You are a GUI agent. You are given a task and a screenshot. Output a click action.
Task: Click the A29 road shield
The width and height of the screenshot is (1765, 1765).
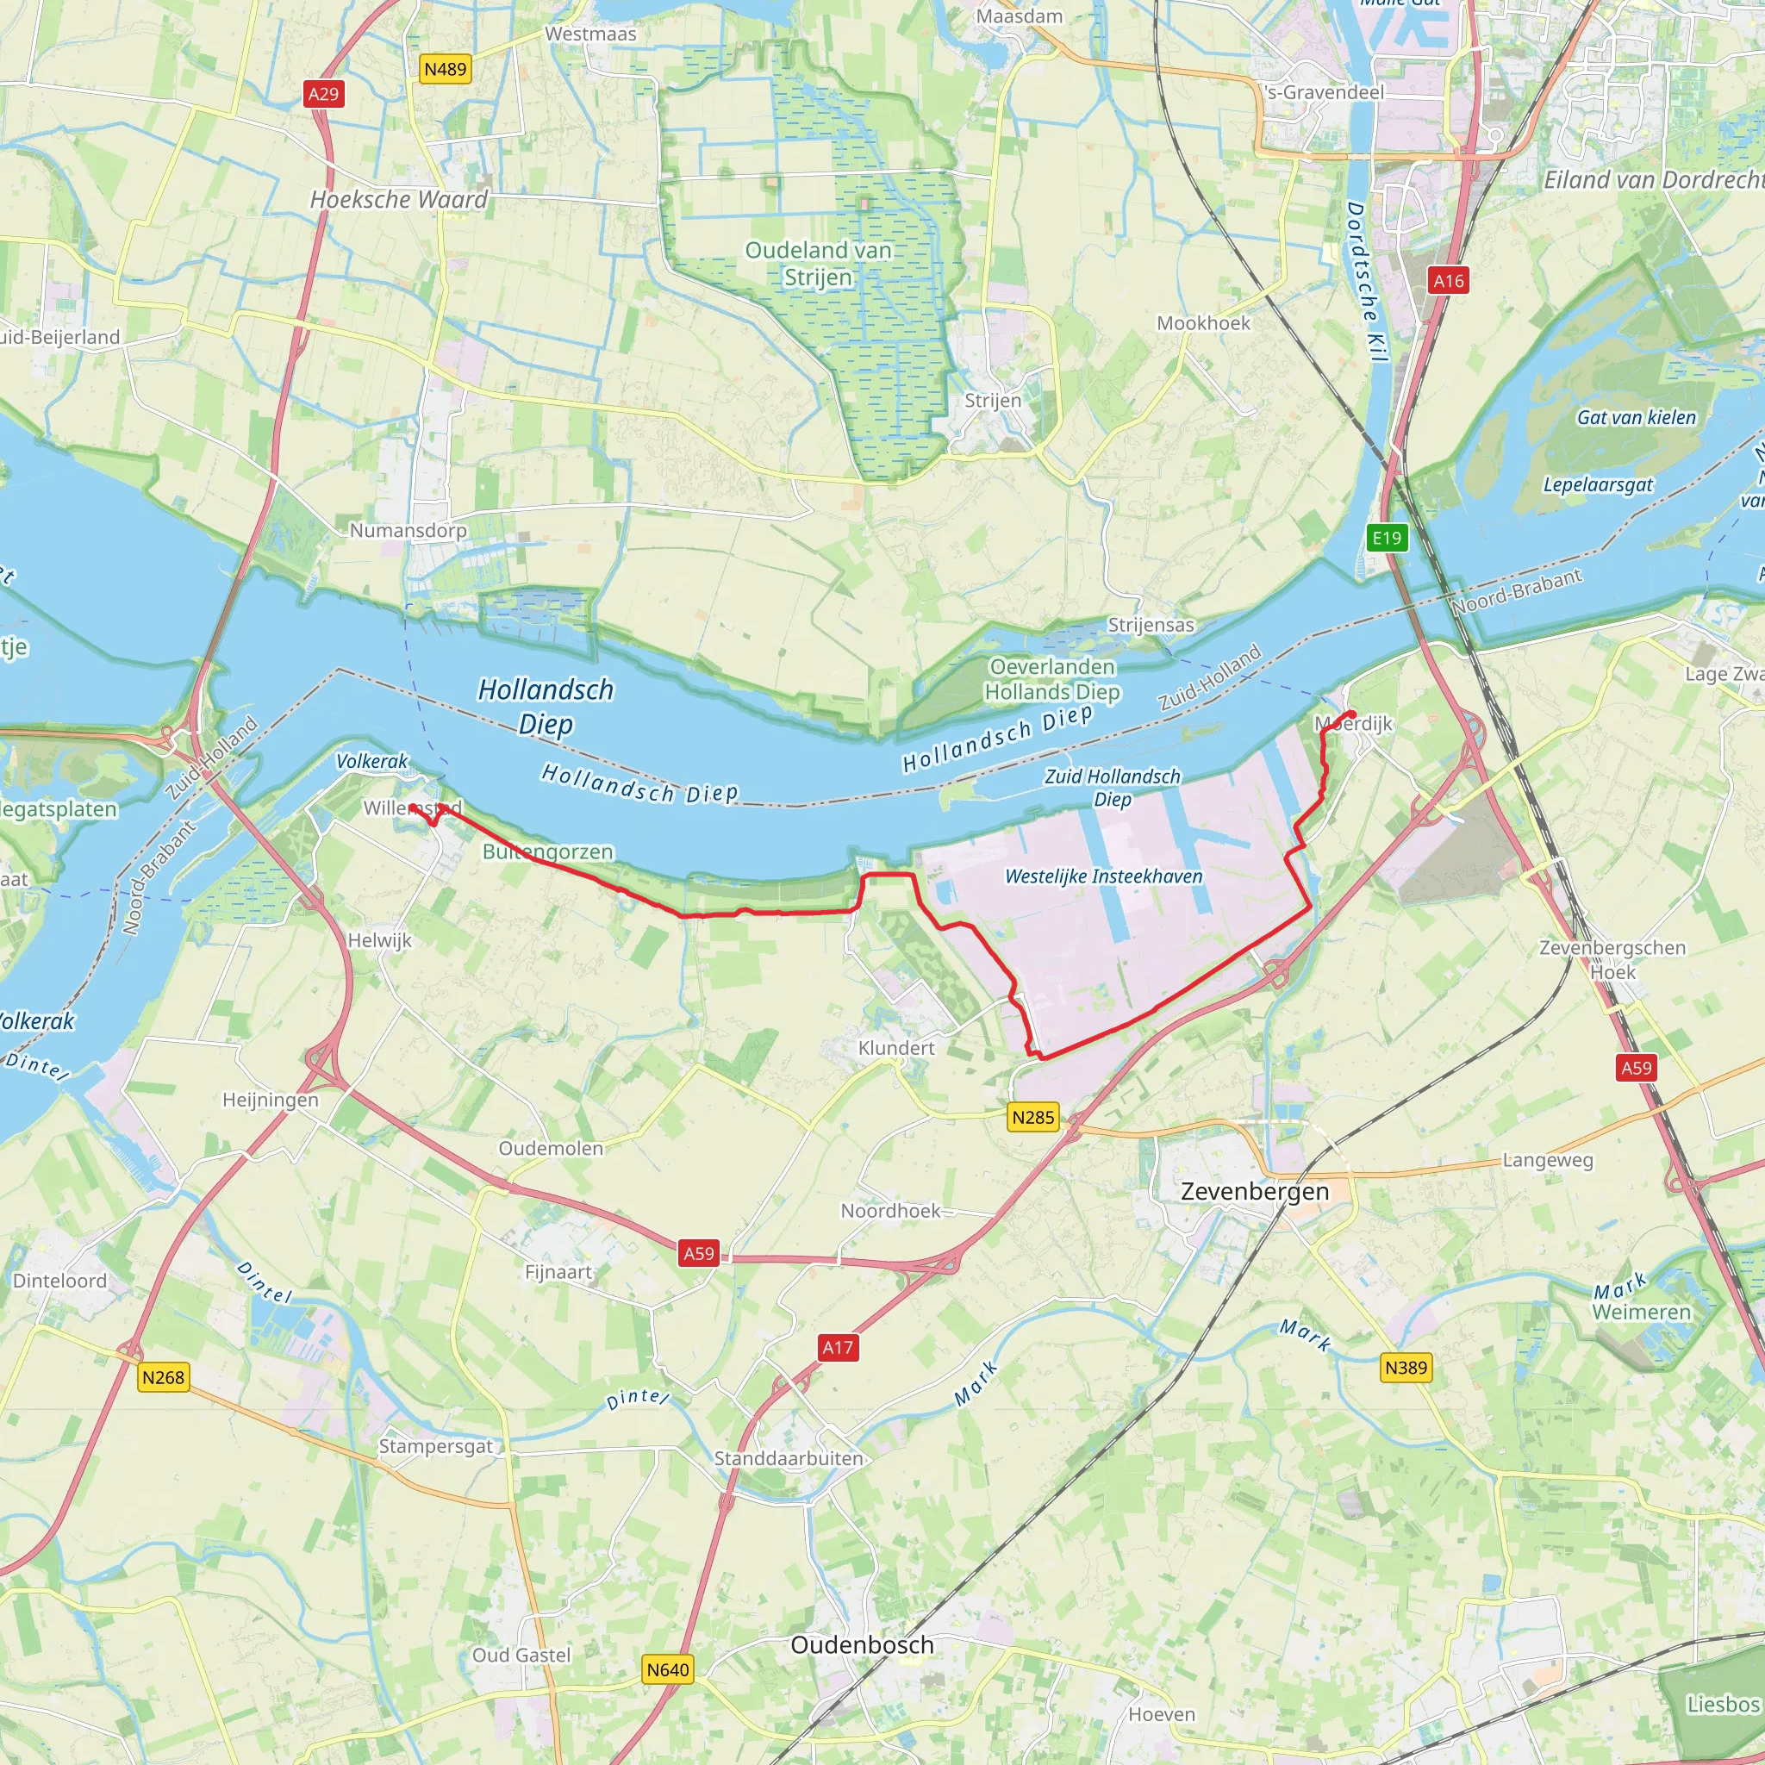(x=323, y=94)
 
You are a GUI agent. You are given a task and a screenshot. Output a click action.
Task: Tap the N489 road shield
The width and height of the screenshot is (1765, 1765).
(x=446, y=70)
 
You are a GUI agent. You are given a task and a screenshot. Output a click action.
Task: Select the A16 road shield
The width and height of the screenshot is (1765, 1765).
(x=1449, y=280)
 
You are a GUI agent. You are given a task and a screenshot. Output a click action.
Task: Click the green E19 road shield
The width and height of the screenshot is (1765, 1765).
(x=1387, y=538)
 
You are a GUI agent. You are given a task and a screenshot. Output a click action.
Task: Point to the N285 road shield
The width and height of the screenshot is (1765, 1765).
(x=1033, y=1117)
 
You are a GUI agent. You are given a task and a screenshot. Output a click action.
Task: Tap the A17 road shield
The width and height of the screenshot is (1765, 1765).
(x=838, y=1348)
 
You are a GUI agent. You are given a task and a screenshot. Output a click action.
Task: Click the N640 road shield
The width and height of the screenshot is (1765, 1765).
(x=668, y=1669)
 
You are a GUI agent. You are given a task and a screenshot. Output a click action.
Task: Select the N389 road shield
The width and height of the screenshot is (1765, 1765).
(x=1406, y=1368)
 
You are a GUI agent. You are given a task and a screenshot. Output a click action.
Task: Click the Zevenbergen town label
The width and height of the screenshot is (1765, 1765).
(x=1254, y=1192)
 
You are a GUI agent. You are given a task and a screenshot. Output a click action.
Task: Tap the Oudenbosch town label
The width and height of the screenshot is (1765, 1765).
(x=862, y=1645)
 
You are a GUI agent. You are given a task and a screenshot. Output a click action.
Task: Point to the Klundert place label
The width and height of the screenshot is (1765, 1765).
(x=896, y=1049)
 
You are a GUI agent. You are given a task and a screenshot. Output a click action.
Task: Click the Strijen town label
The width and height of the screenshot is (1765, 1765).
(x=993, y=401)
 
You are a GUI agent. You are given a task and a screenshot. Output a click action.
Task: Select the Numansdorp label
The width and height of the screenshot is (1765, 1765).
(x=408, y=531)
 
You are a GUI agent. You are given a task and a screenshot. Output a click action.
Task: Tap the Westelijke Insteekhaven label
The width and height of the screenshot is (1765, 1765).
(x=1104, y=877)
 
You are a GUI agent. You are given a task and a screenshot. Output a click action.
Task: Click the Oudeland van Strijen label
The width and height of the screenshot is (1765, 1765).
(x=818, y=263)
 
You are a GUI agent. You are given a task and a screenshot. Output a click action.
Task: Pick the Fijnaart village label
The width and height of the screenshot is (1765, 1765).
(x=558, y=1273)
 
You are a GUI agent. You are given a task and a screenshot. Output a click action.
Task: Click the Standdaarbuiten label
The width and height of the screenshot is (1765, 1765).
(x=789, y=1459)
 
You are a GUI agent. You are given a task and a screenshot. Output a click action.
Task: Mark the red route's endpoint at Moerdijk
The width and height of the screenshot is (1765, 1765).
(x=1351, y=714)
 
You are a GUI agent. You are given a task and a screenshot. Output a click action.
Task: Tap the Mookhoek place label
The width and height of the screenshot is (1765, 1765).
(x=1203, y=323)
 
